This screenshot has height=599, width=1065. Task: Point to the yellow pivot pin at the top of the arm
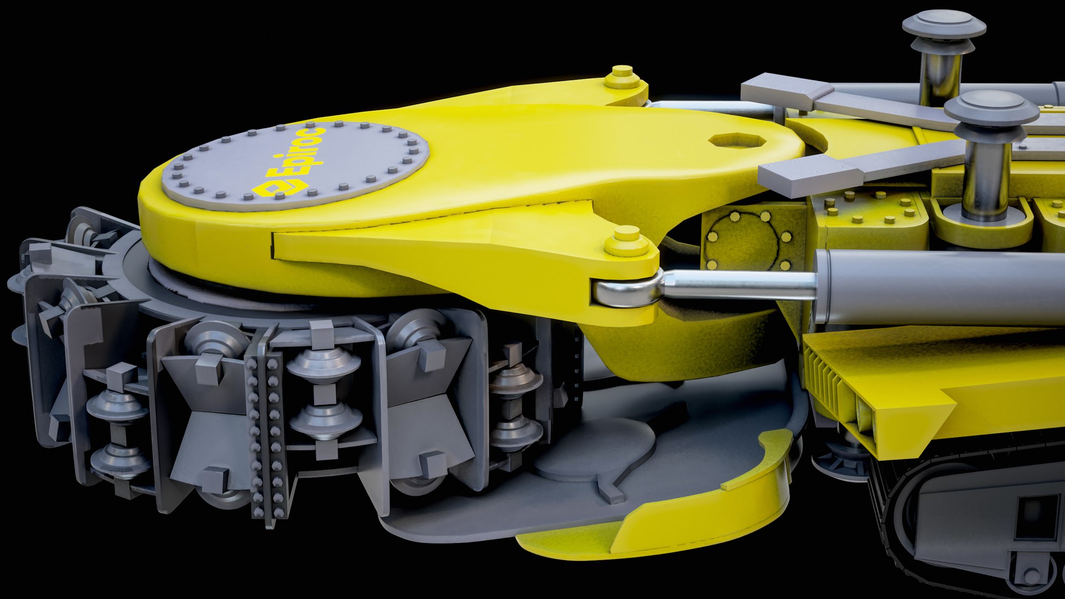(x=622, y=77)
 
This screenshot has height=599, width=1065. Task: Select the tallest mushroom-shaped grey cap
(x=944, y=25)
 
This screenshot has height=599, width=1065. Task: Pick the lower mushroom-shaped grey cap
(x=991, y=108)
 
